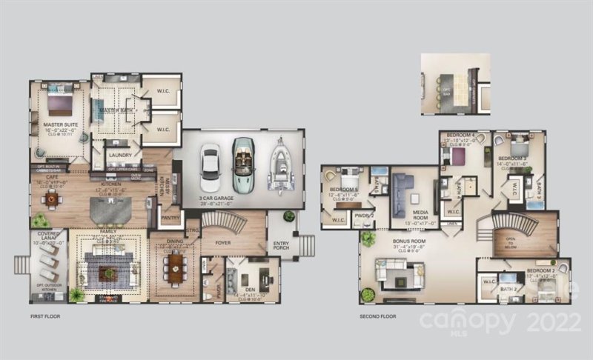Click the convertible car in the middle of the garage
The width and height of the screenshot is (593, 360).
pos(244,164)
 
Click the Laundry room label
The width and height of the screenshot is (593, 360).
pos(119,155)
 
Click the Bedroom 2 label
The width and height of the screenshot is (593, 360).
pos(539,272)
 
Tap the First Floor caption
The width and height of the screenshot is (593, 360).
pos(44,316)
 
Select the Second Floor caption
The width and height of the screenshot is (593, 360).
pos(378,316)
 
